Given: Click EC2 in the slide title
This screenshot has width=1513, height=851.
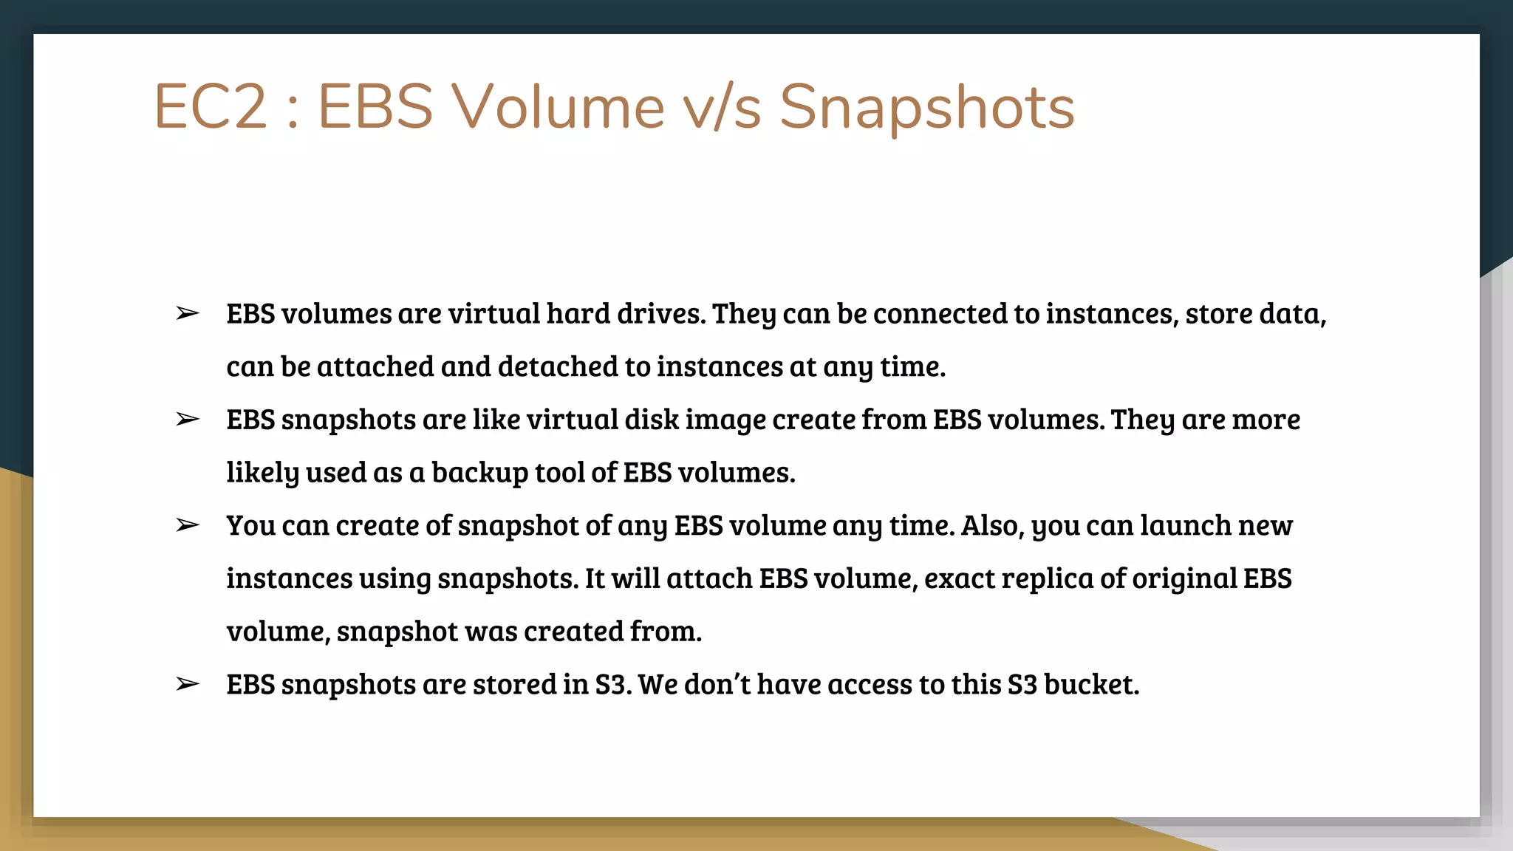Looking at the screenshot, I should pos(210,107).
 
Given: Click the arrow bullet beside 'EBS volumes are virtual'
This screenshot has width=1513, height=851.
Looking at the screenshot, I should pos(188,313).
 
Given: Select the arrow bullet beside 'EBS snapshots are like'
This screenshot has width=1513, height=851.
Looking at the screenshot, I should pos(188,419).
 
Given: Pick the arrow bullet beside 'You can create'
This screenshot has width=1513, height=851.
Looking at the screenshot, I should pos(188,525).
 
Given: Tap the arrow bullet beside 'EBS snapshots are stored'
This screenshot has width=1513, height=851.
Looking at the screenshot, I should pos(188,684).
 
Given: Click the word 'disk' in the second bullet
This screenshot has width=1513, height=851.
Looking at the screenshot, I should pos(652,420).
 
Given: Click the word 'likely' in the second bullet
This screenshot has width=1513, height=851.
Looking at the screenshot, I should pos(262,473).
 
